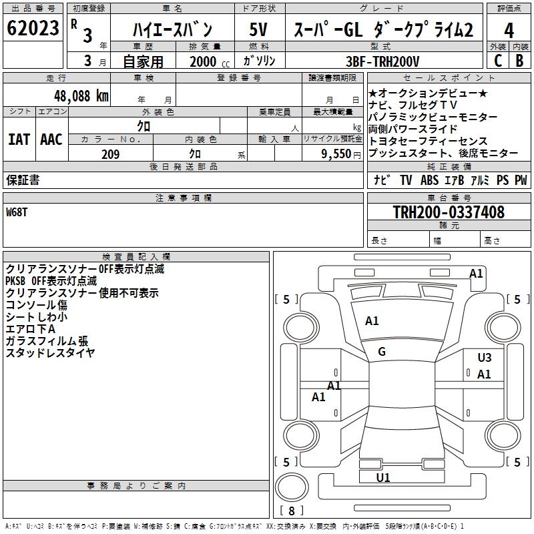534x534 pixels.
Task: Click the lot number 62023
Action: click(33, 29)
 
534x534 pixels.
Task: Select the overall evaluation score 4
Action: click(509, 30)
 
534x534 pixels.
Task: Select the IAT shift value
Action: click(19, 140)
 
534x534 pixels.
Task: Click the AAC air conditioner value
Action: click(51, 140)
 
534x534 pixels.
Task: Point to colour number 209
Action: click(111, 154)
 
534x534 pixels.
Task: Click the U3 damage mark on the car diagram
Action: click(485, 358)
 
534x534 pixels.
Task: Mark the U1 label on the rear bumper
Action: click(383, 478)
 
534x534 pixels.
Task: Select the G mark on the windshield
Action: click(382, 352)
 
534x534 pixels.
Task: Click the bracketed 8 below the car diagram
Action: click(291, 511)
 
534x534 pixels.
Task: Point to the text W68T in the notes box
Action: click(17, 212)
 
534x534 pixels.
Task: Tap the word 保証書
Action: click(23, 180)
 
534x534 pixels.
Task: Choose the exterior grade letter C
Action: click(497, 61)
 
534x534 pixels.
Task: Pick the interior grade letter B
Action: click(519, 61)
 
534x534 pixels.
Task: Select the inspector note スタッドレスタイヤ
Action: click(50, 353)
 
